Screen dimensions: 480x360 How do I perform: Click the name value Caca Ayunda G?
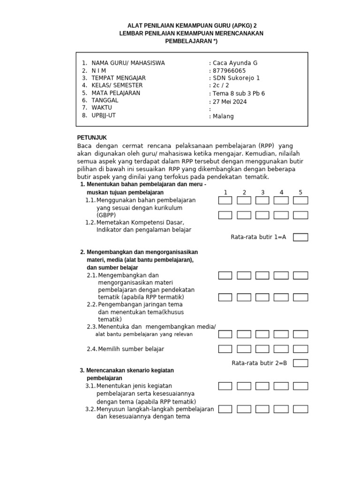pyautogui.click(x=235, y=63)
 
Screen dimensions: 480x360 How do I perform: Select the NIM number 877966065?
pyautogui.click(x=229, y=71)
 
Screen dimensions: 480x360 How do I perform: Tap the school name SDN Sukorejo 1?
pyautogui.click(x=236, y=78)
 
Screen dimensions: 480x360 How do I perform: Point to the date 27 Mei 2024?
pyautogui.click(x=230, y=102)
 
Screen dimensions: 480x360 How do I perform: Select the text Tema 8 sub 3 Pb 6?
pyautogui.click(x=239, y=93)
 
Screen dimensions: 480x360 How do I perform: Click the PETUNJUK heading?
pyautogui.click(x=92, y=137)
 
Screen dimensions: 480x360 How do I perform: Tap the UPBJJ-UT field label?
pyautogui.click(x=104, y=115)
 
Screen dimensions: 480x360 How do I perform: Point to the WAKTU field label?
pyautogui.click(x=102, y=107)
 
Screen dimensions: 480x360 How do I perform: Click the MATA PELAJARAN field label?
pyautogui.click(x=116, y=93)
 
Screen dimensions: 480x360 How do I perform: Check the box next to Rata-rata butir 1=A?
pyautogui.click(x=300, y=237)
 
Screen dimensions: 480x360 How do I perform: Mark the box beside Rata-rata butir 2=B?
pyautogui.click(x=300, y=363)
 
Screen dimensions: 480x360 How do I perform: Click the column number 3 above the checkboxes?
pyautogui.click(x=262, y=192)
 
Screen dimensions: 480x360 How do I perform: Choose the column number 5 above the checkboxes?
pyautogui.click(x=300, y=192)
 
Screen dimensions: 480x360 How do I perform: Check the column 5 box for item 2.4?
pyautogui.click(x=300, y=349)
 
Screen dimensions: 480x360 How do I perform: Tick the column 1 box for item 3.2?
pyautogui.click(x=225, y=409)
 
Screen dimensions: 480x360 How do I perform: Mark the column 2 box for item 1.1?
pyautogui.click(x=244, y=201)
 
